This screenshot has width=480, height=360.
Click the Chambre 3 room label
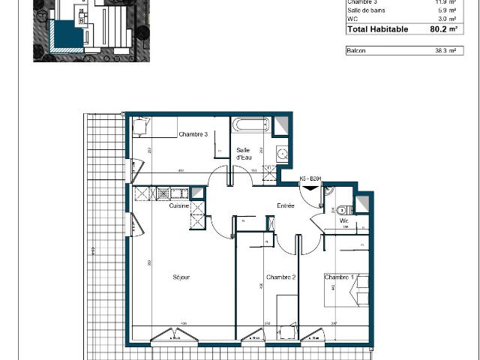pos(193,134)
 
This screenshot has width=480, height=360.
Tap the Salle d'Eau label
pos(244,154)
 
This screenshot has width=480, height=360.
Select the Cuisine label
pos(178,205)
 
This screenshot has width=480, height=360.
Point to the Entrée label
pos(285,205)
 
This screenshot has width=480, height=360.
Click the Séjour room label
pos(181,277)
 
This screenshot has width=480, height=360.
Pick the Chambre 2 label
pos(281,277)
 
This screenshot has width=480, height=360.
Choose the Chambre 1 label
pos(337,277)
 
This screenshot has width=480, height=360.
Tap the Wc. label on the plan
pos(344,223)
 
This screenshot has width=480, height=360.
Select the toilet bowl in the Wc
pos(342,210)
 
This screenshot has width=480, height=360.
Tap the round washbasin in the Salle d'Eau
pos(282,154)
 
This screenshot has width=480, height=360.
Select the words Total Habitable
pos(377,29)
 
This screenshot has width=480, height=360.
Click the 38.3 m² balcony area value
pos(445,50)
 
